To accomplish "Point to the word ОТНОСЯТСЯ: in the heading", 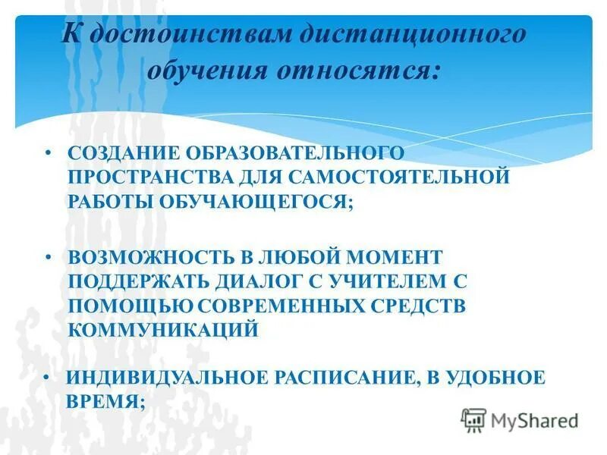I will click(357, 72).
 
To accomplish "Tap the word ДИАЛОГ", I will click(260, 281).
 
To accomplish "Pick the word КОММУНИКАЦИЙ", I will click(163, 331).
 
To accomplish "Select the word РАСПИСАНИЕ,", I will click(342, 378).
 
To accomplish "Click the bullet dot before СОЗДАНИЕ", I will click(47, 152).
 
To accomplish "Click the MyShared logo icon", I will click(473, 419).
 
